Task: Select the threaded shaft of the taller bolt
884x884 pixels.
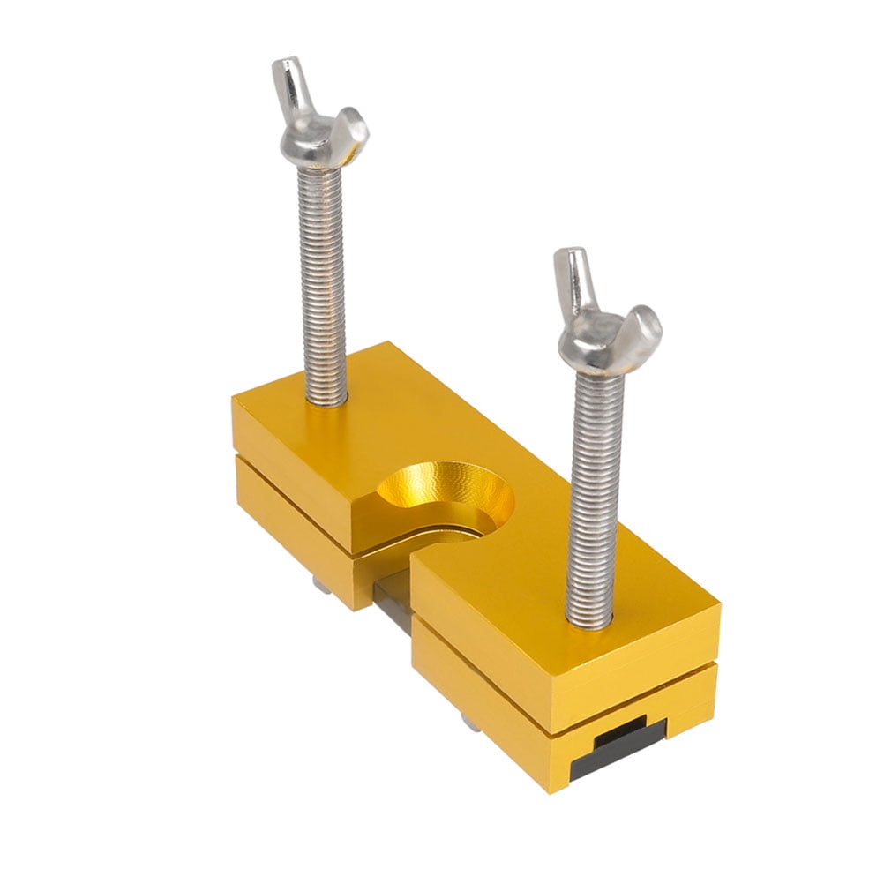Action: click(x=323, y=282)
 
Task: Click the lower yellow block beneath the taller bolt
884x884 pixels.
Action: click(x=291, y=512)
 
